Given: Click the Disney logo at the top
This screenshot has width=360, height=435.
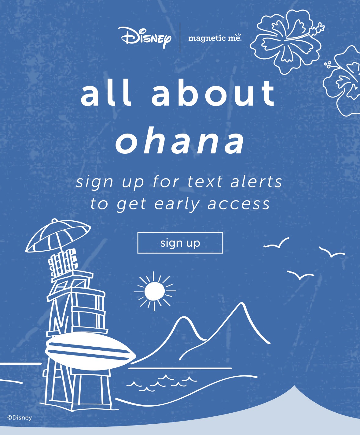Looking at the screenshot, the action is click(x=145, y=38).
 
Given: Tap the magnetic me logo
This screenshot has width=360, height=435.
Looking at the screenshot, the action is click(x=215, y=38).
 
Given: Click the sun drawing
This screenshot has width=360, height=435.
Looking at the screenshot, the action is click(x=154, y=291).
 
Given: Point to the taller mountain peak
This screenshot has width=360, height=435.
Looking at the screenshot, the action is click(x=242, y=304).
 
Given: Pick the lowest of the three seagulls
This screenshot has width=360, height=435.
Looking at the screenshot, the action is click(x=300, y=275).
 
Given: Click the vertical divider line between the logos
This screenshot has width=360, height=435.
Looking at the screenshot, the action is click(x=180, y=38).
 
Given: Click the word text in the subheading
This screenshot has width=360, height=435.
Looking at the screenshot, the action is click(x=205, y=182).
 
